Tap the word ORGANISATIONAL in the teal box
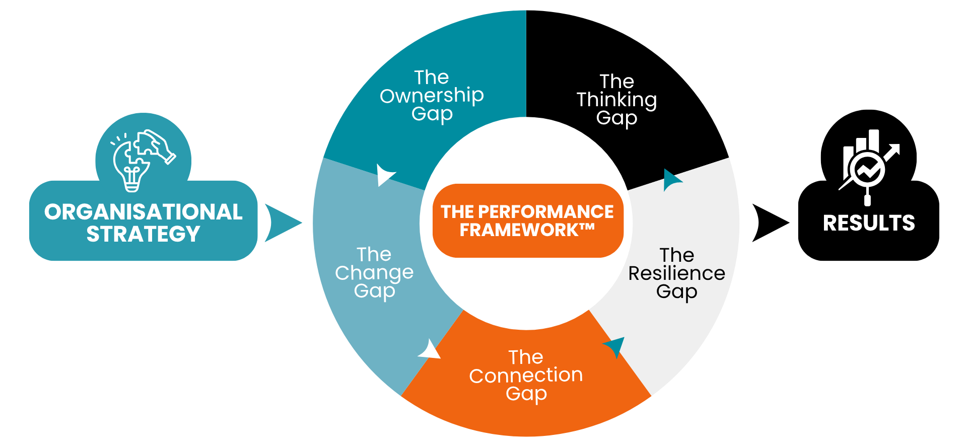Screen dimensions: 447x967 coord(144,212)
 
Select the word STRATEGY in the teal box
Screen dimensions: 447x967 coord(144,234)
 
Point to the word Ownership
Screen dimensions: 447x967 coord(432,96)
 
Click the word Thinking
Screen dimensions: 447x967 coord(616,100)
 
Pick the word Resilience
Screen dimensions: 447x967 coord(676,273)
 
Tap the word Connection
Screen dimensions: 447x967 coord(526,376)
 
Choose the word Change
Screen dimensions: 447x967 coord(374,273)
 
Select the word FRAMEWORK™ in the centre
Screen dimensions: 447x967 coord(527,231)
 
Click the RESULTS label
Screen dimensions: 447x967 coord(869,223)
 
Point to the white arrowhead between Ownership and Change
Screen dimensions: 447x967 coord(385,175)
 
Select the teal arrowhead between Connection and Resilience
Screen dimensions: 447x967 coord(615,346)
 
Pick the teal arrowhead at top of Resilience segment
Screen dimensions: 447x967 coord(671,179)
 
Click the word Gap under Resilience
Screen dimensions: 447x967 coord(676,292)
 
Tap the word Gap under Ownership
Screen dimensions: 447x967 coord(432,114)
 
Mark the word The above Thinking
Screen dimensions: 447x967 coord(616,82)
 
